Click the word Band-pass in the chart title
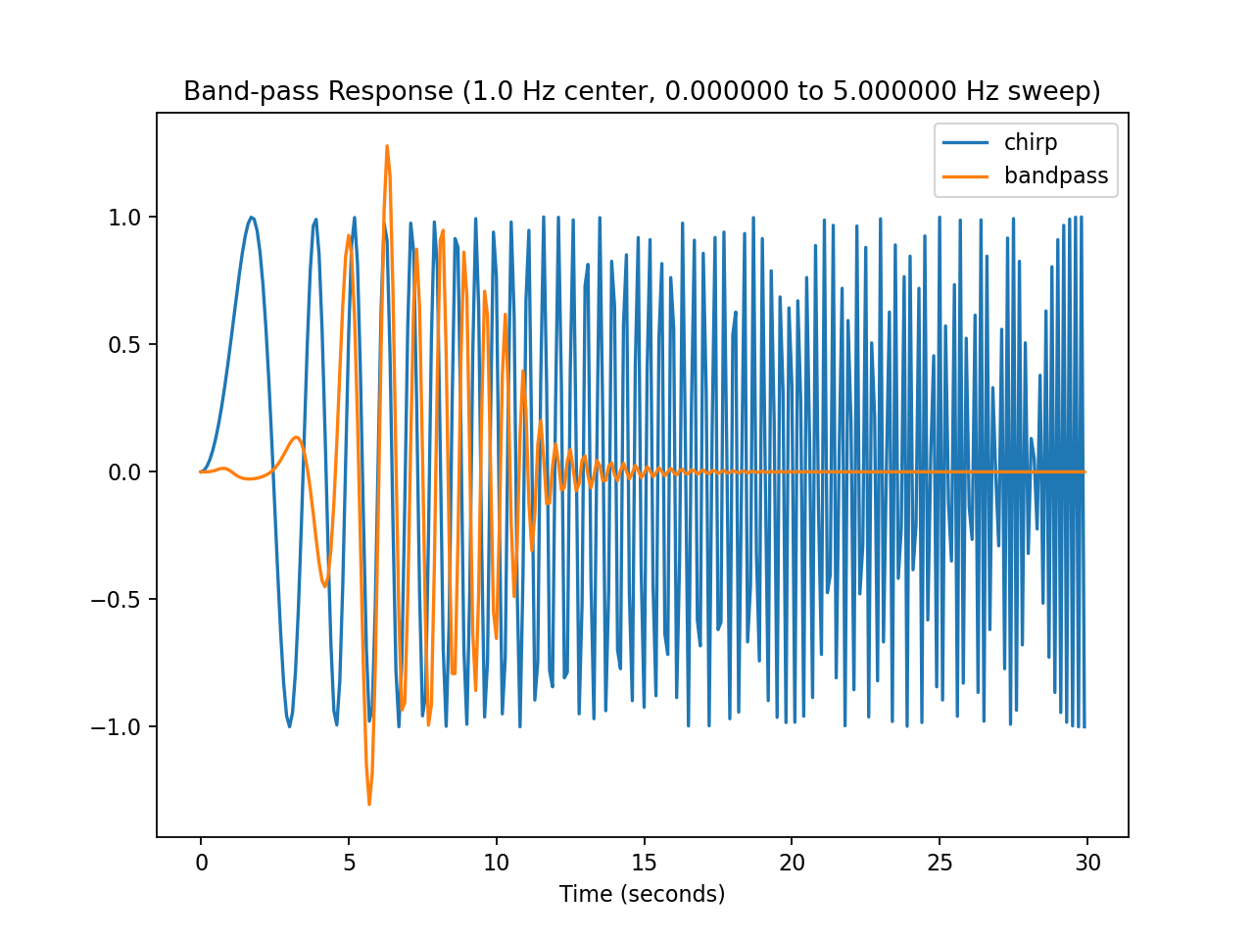[251, 91]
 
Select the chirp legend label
[1031, 143]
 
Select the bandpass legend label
[1056, 176]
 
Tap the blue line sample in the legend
[966, 143]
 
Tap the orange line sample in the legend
[966, 176]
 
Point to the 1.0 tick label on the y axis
[124, 217]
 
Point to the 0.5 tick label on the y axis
[124, 344]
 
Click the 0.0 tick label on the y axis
[124, 472]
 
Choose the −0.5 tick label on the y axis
[116, 600]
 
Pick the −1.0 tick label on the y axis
[116, 727]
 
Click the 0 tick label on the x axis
[201, 863]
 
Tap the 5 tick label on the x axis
[349, 863]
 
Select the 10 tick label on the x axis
[497, 863]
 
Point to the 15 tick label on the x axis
[645, 863]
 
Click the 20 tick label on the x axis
[792, 863]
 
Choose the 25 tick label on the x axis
[940, 863]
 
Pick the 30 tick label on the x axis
[1087, 863]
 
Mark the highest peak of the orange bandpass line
[387, 146]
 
